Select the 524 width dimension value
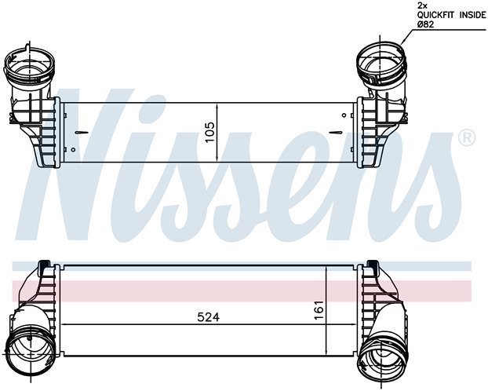pyautogui.click(x=207, y=317)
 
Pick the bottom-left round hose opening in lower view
pyautogui.click(x=25, y=345)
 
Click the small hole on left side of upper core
pyautogui.click(x=72, y=149)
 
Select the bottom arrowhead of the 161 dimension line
pyautogui.click(x=326, y=350)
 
